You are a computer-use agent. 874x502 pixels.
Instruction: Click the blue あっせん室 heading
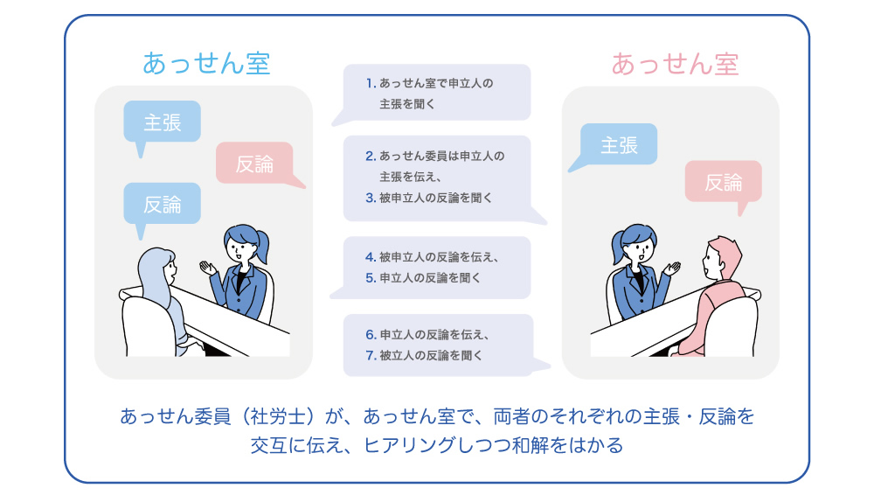click(206, 64)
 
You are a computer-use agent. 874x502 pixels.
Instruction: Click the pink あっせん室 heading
click(675, 64)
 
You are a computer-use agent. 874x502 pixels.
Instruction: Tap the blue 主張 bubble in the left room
click(162, 122)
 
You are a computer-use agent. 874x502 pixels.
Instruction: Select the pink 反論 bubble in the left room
click(255, 163)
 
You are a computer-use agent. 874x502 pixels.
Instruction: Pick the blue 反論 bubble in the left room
click(162, 205)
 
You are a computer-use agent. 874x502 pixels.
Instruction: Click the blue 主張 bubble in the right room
click(619, 145)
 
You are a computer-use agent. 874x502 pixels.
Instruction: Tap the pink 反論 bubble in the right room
click(724, 182)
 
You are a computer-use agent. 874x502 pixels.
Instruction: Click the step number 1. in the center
click(371, 84)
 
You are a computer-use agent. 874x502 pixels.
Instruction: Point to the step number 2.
click(371, 157)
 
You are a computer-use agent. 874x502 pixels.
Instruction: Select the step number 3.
click(371, 198)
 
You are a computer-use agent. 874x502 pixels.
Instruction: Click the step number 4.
click(371, 257)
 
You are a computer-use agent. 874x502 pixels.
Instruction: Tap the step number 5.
click(371, 278)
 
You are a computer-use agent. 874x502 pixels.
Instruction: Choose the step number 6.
click(371, 335)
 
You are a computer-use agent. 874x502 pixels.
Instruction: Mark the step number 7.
click(371, 355)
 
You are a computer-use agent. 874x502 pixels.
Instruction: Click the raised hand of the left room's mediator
click(208, 268)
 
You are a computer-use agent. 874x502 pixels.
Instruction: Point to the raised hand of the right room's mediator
click(673, 268)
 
